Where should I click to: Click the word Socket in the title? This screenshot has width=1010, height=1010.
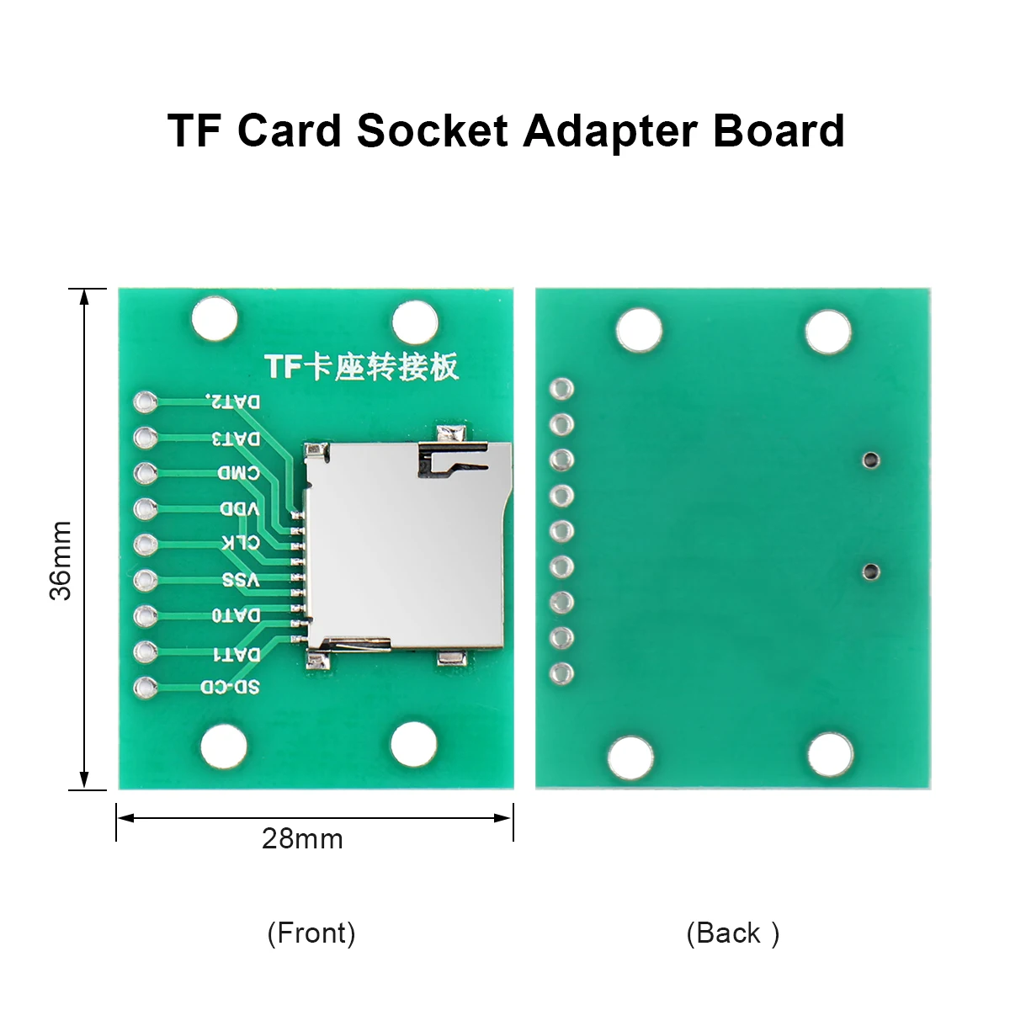click(432, 130)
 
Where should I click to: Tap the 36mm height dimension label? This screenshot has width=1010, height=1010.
click(61, 561)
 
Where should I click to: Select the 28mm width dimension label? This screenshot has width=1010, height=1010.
click(302, 838)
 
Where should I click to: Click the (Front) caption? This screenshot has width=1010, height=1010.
click(311, 933)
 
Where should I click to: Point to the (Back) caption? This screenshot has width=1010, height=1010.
click(733, 933)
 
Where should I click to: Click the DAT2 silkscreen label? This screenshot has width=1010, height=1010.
click(232, 401)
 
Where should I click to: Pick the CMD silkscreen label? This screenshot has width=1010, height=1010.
click(238, 473)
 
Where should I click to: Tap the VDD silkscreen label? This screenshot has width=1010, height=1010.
click(240, 508)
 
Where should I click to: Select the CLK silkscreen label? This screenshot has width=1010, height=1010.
click(241, 543)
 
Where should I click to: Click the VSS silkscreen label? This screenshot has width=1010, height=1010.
click(241, 580)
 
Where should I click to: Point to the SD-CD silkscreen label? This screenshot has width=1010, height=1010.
click(230, 687)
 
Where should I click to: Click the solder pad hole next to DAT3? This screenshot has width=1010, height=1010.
click(145, 437)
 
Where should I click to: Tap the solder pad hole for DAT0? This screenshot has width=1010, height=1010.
click(145, 615)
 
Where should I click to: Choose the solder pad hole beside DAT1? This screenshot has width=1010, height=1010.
click(145, 651)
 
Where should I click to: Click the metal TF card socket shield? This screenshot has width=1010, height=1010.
click(407, 546)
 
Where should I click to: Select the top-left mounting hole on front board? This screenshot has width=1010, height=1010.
click(215, 318)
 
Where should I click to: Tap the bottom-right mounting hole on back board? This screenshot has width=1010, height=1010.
click(830, 755)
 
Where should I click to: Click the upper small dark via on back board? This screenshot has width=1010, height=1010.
click(870, 460)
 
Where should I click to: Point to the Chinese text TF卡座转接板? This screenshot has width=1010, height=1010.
click(362, 366)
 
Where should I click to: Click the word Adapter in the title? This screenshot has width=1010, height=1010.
click(610, 131)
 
